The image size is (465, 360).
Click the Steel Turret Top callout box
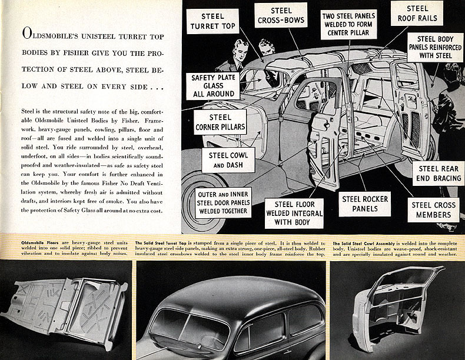[212, 22]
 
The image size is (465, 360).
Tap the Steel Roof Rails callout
[417, 13]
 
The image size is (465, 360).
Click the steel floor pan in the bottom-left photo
[65, 309]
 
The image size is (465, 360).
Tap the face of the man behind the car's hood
[239, 49]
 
